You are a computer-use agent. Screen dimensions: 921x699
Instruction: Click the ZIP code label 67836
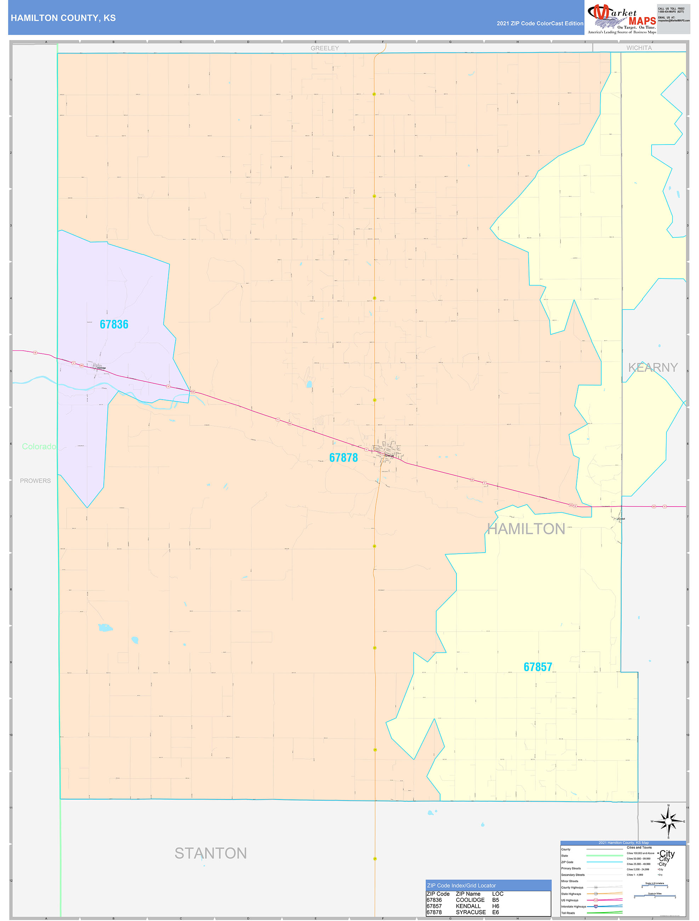[114, 324]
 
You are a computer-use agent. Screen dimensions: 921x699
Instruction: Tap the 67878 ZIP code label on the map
[343, 458]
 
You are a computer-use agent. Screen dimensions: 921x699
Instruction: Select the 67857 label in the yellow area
[538, 667]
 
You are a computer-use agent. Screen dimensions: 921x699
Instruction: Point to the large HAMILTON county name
[526, 529]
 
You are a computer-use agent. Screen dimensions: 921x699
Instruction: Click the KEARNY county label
[653, 367]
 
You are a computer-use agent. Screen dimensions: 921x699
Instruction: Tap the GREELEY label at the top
[325, 48]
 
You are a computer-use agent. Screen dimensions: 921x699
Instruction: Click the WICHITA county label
[639, 48]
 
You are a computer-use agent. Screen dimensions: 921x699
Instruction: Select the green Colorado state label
[39, 446]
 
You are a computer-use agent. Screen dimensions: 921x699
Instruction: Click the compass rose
[668, 821]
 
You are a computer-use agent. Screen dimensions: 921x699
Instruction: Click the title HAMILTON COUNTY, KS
[63, 18]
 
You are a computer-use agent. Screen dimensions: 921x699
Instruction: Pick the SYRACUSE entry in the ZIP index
[471, 912]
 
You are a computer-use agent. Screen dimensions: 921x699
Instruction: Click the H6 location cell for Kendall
[495, 906]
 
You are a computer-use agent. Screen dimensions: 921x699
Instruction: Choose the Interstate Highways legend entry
[573, 906]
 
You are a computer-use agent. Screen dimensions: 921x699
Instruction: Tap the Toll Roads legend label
[568, 912]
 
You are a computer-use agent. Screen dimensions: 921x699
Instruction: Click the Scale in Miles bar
[654, 897]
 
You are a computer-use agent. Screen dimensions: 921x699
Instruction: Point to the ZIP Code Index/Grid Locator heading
[461, 886]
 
